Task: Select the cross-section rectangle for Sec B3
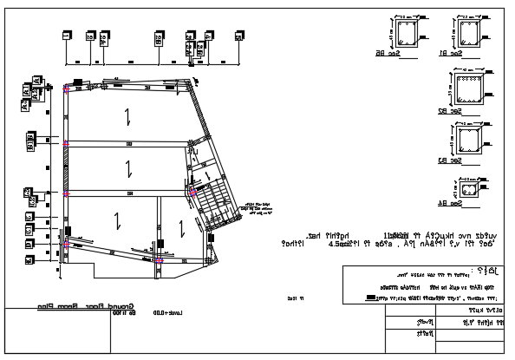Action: pos(469,140)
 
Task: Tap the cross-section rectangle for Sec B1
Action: pos(469,33)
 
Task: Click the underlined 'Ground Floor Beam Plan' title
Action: pos(80,306)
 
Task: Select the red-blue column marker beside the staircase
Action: pos(191,192)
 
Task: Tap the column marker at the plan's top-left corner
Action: pos(67,88)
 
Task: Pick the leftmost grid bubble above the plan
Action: pos(67,36)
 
